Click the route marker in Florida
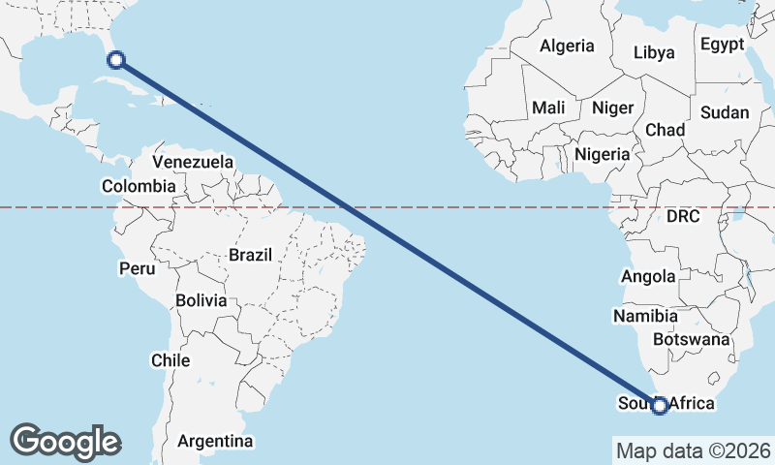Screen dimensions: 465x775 [116, 60]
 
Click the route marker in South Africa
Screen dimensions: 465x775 [660, 405]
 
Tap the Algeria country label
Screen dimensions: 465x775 [566, 46]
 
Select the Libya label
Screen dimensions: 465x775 [654, 52]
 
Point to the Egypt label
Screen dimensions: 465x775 [722, 45]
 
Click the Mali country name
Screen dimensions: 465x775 [548, 108]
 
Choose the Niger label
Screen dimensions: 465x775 [612, 108]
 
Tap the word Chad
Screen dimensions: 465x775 [665, 130]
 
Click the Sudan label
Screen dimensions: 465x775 [725, 112]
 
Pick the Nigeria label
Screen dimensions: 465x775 [603, 153]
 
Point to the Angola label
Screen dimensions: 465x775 [648, 277]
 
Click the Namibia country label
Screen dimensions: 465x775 [645, 316]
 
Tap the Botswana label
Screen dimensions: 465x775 [692, 340]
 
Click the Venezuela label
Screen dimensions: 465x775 [193, 162]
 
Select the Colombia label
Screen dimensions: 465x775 [139, 186]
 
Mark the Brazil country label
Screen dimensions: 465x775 [250, 255]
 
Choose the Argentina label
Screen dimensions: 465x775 [215, 442]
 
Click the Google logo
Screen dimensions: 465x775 [65, 442]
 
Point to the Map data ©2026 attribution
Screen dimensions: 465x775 [693, 450]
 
